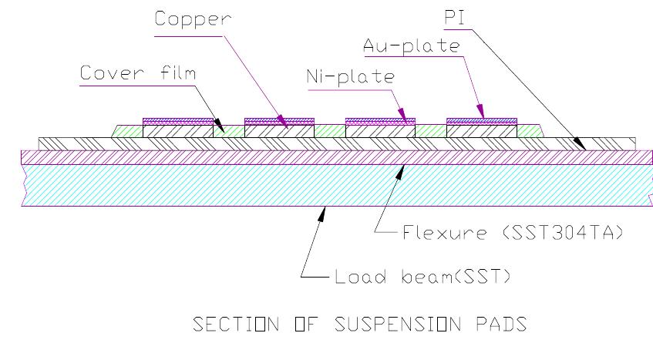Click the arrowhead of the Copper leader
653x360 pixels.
286,126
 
